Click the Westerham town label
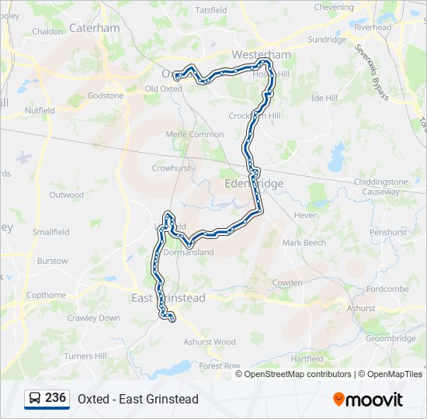[262, 54]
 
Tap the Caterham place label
[94, 28]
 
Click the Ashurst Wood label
[209, 341]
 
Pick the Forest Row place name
[220, 365]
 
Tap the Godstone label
[106, 95]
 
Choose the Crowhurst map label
[171, 168]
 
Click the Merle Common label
[195, 134]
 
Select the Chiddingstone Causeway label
[380, 186]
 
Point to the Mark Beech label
[304, 243]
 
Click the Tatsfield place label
[211, 10]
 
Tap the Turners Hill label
[85, 356]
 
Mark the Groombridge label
[391, 338]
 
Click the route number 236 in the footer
[55, 398]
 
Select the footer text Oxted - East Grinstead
[138, 399]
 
